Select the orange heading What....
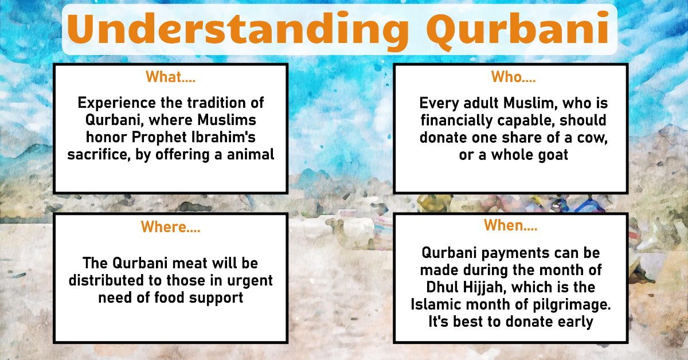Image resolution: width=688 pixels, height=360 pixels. click(x=170, y=77)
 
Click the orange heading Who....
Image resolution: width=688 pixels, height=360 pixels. click(x=513, y=77)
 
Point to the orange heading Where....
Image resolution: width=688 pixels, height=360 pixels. click(x=170, y=227)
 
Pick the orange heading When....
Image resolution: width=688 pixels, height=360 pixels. click(x=510, y=225)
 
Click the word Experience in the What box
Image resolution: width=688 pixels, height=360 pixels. click(x=117, y=103)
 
